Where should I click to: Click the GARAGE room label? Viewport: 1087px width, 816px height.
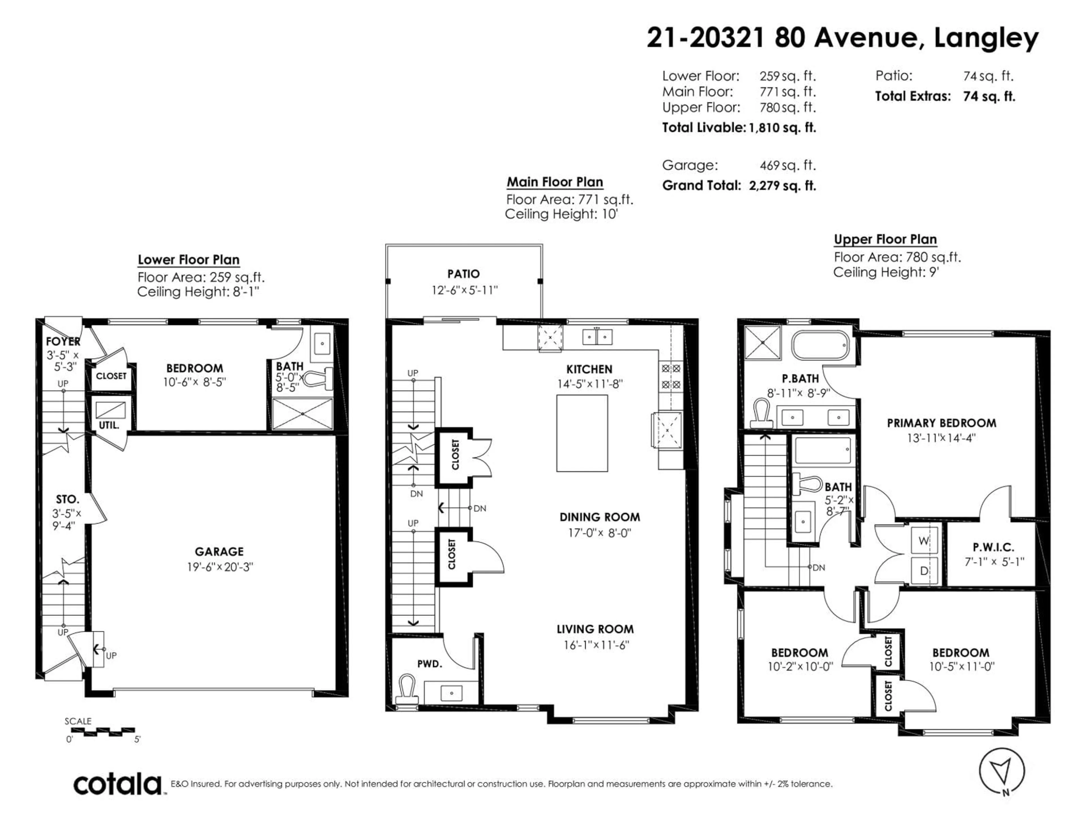click(219, 551)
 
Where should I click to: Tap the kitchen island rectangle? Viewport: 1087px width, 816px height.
click(582, 433)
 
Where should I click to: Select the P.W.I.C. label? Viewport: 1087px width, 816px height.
click(993, 547)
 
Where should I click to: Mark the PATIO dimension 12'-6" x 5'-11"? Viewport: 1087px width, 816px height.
click(465, 290)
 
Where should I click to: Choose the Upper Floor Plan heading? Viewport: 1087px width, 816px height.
click(885, 239)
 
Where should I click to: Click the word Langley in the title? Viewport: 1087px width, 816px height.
click(986, 38)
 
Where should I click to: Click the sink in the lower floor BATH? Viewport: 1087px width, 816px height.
click(322, 343)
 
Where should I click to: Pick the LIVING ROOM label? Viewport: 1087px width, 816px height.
click(595, 629)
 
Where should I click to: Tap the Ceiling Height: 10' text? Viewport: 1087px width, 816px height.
click(561, 214)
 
